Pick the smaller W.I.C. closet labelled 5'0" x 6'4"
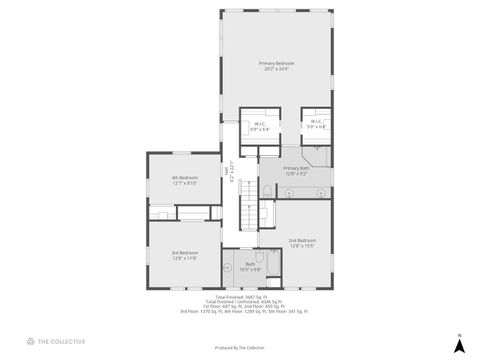pyautogui.click(x=315, y=125)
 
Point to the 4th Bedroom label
pyautogui.click(x=184, y=180)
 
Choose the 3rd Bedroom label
pyautogui.click(x=184, y=255)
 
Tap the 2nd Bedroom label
pyautogui.click(x=302, y=241)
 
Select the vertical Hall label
pyautogui.click(x=231, y=173)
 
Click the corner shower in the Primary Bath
pyautogui.click(x=319, y=153)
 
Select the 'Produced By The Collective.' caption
pyautogui.click(x=240, y=347)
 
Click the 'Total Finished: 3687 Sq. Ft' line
pyautogui.click(x=243, y=296)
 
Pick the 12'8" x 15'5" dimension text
pyautogui.click(x=302, y=246)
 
